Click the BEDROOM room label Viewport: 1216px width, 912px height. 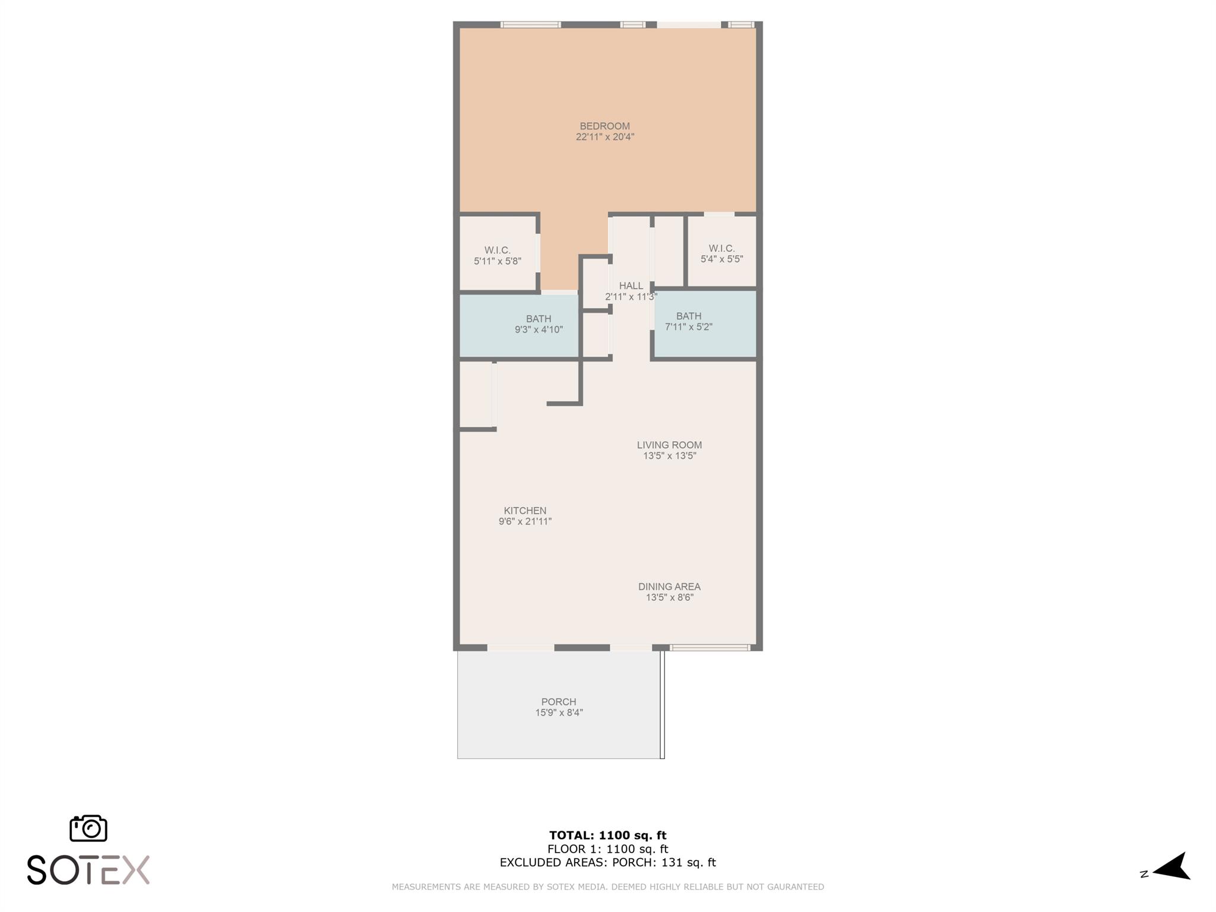click(604, 126)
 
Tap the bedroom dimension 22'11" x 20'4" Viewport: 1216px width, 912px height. click(605, 137)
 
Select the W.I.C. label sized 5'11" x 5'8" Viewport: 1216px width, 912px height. click(497, 251)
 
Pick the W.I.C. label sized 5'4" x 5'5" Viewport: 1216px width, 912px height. click(721, 248)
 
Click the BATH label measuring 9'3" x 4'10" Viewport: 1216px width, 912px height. click(538, 319)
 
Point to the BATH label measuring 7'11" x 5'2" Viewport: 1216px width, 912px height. click(688, 316)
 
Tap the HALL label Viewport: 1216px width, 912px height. click(631, 286)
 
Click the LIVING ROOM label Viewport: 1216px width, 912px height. click(669, 445)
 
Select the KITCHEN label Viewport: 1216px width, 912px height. click(525, 511)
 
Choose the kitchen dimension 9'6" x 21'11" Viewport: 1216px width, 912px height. click(525, 522)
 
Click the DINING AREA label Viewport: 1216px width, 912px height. click(669, 587)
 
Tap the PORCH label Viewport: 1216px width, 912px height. click(558, 702)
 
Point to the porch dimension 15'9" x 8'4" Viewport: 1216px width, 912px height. click(559, 712)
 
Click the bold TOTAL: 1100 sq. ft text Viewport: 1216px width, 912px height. click(607, 835)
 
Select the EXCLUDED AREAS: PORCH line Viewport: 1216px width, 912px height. click(607, 863)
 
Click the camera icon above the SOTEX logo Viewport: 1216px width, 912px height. click(88, 828)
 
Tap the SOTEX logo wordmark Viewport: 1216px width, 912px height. click(88, 870)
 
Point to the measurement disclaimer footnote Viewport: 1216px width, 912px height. click(607, 887)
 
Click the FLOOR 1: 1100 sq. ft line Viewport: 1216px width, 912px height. click(607, 849)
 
